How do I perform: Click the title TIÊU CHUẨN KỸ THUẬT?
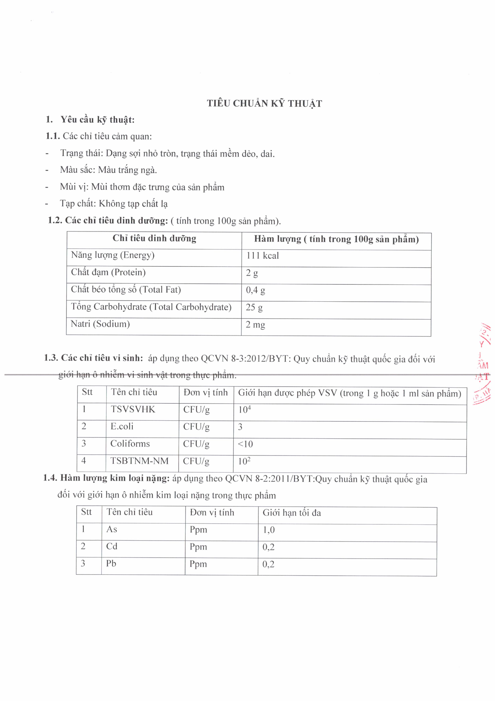[264, 103]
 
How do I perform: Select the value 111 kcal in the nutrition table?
[262, 256]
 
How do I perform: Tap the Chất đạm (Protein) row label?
[108, 272]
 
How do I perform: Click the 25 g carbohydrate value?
[254, 307]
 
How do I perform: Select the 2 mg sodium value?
[255, 325]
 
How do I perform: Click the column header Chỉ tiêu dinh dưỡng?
[154, 238]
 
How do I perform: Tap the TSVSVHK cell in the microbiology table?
[133, 409]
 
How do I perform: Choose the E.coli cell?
[122, 426]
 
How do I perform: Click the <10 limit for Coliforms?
[245, 444]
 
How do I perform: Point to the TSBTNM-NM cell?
[139, 461]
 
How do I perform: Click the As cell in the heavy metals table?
[112, 529]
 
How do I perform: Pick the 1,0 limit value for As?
[269, 530]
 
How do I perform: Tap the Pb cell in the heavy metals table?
[111, 563]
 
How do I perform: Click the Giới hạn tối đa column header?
[292, 513]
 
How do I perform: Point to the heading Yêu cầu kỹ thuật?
[97, 119]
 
